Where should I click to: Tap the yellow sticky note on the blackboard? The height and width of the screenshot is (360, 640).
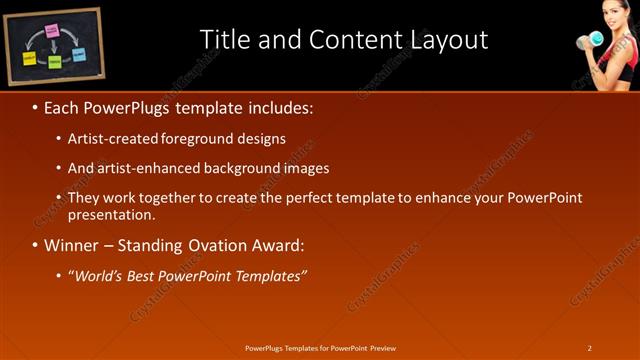click(29, 59)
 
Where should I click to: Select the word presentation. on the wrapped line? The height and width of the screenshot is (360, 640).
click(112, 215)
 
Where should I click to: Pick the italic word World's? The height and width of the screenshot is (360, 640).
click(102, 276)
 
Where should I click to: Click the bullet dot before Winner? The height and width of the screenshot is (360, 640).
click(35, 246)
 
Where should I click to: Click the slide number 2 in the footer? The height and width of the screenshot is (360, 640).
click(590, 348)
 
